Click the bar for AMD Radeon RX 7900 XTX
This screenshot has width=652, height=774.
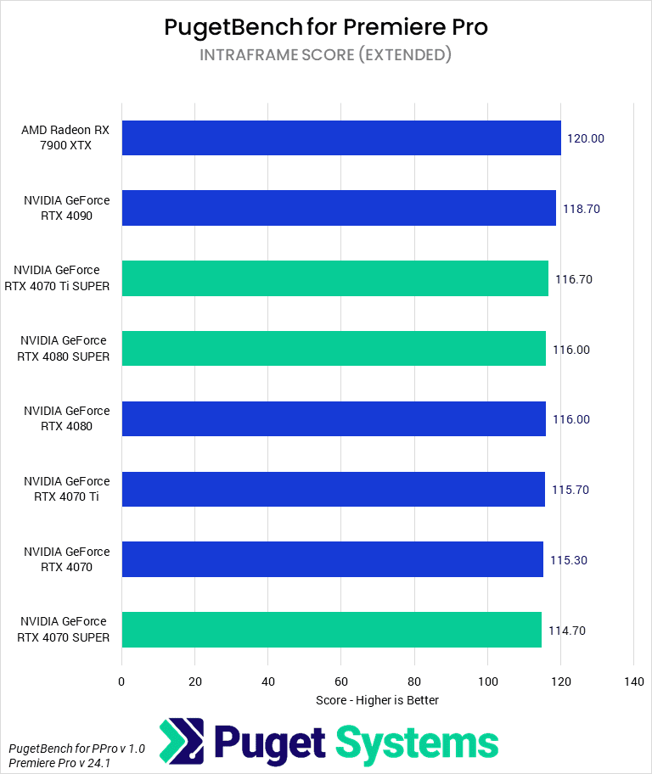tap(340, 137)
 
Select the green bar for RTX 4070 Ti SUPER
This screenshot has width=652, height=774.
tap(334, 278)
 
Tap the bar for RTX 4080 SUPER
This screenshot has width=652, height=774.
tap(333, 349)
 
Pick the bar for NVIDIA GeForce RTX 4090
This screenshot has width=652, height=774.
tap(338, 208)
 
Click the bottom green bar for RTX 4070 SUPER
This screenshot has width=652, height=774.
tap(331, 630)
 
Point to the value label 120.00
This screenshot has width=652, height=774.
tap(585, 138)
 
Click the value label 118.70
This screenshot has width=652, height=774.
tap(581, 209)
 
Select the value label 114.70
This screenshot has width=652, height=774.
tap(566, 631)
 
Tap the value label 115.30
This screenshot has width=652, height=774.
tap(569, 560)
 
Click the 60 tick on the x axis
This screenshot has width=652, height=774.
tap(341, 681)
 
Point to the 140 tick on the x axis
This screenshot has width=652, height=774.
tap(633, 681)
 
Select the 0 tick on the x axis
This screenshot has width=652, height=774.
tap(122, 681)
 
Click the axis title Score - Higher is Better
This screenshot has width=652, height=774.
tap(377, 700)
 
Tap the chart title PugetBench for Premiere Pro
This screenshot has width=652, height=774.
tap(326, 27)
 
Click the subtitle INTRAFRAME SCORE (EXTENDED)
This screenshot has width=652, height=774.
tap(326, 55)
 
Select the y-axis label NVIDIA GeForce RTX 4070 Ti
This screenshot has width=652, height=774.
tap(66, 490)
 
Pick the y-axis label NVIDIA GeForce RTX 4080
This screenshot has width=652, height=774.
tap(66, 419)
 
